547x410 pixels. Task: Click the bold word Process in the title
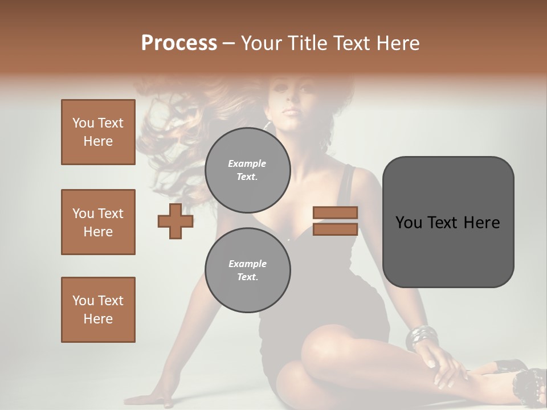179,43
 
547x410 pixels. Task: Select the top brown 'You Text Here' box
98,132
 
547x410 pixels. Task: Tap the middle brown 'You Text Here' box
98,222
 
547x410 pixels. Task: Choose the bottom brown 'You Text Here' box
98,310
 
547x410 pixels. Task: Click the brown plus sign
175,221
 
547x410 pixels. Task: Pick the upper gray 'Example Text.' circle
247,170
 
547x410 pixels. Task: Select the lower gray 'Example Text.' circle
247,270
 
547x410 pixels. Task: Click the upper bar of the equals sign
336,212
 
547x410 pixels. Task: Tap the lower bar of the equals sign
336,229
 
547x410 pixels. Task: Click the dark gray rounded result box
448,222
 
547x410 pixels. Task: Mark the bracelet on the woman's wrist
422,337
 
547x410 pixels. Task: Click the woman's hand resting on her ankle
444,370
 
